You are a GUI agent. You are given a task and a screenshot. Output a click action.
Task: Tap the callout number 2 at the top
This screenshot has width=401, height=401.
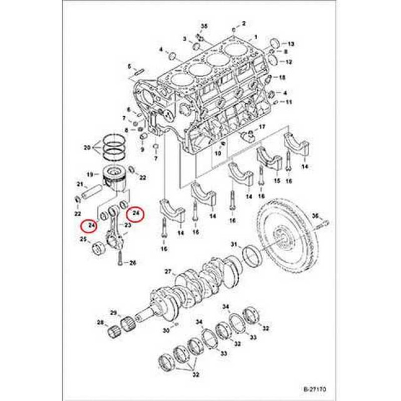click(x=244, y=24)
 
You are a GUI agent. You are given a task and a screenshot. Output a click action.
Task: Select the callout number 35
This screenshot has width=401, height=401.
click(x=204, y=26)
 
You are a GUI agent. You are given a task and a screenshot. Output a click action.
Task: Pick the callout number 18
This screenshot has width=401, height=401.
click(x=282, y=78)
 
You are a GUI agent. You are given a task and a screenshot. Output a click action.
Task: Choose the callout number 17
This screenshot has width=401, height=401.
click(x=261, y=127)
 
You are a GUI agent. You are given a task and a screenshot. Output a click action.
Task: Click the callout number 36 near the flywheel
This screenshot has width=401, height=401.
click(x=315, y=216)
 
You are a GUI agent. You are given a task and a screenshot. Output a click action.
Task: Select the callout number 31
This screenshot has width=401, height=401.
click(x=234, y=244)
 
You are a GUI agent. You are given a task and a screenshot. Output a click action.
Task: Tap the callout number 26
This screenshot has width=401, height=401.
click(x=133, y=263)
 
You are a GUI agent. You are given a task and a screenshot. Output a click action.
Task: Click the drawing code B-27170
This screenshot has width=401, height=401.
click(x=314, y=388)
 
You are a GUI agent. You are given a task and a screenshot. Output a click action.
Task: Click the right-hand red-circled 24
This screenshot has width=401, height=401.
click(x=135, y=215)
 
